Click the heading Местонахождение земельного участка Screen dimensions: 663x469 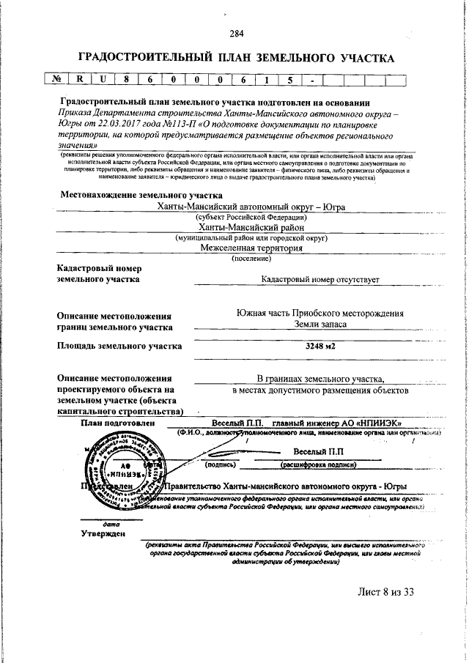[135, 196]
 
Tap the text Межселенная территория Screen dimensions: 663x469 [251, 248]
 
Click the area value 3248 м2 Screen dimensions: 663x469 [320, 347]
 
